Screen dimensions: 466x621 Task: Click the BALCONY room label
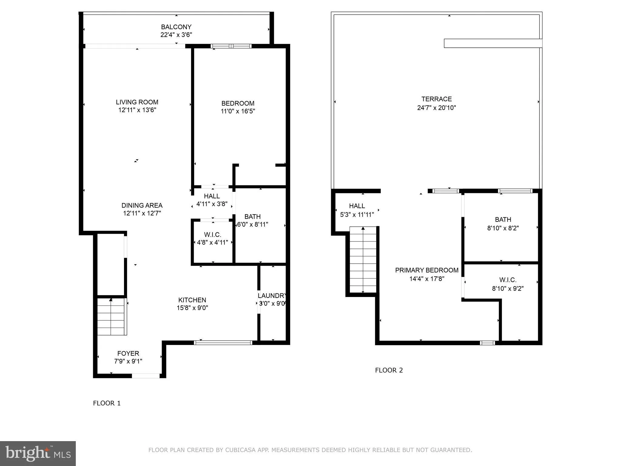[176, 27]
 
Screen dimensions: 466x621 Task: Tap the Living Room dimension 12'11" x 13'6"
[137, 110]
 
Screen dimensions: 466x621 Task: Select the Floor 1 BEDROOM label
[238, 103]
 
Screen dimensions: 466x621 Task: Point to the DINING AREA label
[142, 205]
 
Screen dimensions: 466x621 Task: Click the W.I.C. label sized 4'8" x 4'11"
[213, 235]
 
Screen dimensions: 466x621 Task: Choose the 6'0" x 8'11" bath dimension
[253, 225]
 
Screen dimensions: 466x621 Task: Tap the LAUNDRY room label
[272, 295]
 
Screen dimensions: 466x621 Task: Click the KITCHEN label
[192, 300]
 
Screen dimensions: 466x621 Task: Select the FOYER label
[128, 353]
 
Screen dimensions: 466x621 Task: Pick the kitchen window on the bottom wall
[223, 343]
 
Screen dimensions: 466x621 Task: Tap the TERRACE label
[436, 99]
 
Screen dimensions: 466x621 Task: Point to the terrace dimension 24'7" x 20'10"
[436, 108]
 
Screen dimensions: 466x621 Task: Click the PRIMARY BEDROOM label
[427, 270]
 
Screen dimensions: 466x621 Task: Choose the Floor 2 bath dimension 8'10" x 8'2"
[503, 228]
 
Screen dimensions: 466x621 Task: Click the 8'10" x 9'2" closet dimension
[508, 289]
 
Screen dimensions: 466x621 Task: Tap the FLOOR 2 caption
[389, 370]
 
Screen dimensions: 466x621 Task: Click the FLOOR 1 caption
[107, 403]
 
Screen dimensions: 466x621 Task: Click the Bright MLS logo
[38, 453]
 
